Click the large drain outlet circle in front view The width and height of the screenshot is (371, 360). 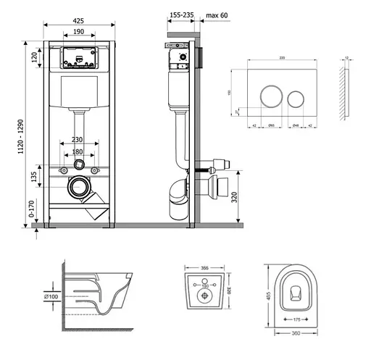78,187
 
